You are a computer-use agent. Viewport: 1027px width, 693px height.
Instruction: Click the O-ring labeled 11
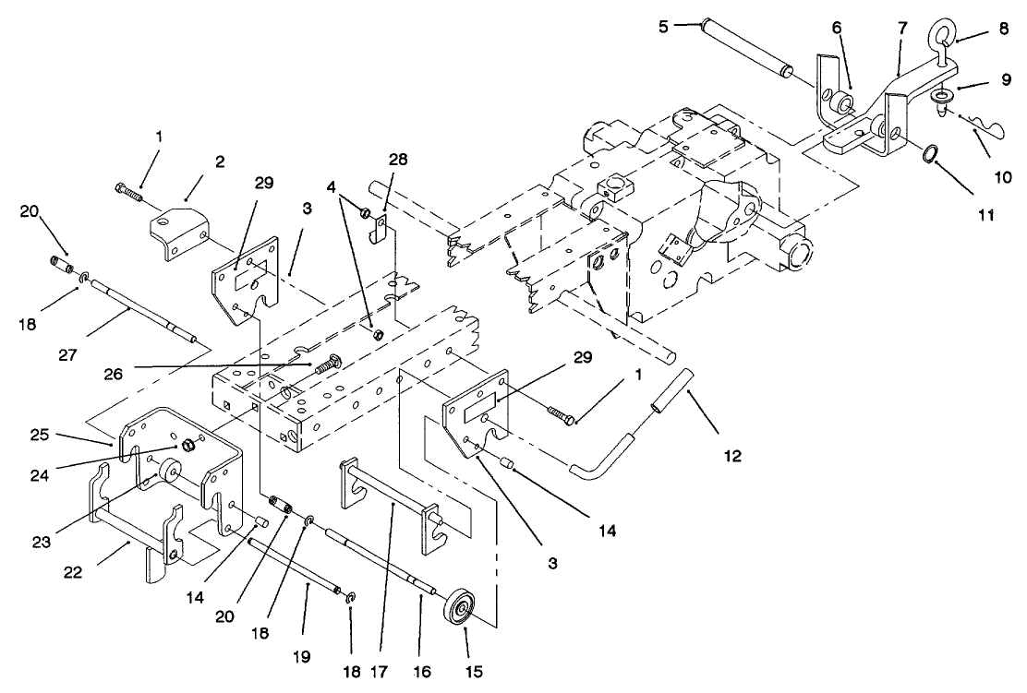click(926, 152)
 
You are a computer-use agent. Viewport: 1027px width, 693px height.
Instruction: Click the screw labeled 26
click(329, 366)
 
